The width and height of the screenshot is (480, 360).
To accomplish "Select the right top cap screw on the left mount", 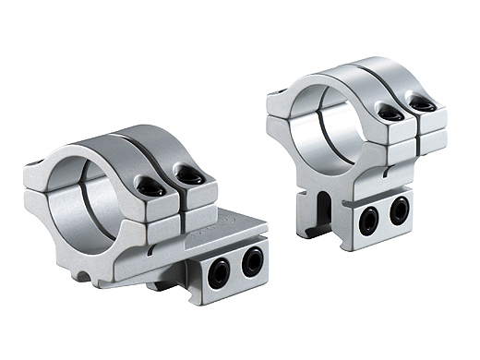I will (x=190, y=174).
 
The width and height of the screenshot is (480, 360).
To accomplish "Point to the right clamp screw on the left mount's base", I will (x=251, y=262).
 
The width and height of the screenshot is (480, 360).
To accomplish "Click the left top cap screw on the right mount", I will (x=390, y=114).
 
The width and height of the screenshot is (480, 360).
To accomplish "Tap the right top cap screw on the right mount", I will (x=425, y=105).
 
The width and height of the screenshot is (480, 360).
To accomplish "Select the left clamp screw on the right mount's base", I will (x=369, y=219).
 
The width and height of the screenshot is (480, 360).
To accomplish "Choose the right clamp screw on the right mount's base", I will (x=399, y=211).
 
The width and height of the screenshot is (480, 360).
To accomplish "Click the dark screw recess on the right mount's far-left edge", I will (x=273, y=94).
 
